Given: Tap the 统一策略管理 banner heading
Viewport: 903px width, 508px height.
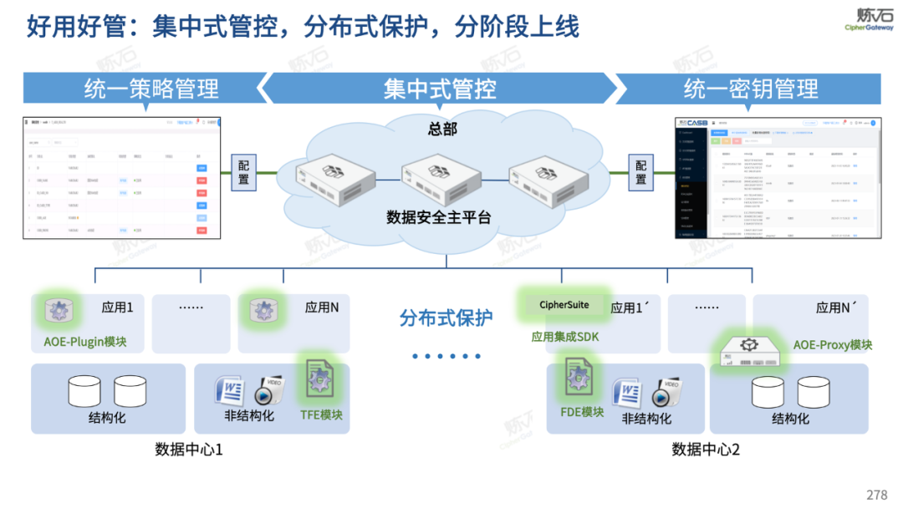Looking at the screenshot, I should (x=151, y=89).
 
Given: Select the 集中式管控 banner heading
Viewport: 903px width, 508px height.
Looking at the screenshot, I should (x=440, y=89).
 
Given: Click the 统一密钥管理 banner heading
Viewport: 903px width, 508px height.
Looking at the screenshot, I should (x=751, y=89).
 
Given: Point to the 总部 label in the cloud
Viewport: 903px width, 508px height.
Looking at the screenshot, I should (x=442, y=129).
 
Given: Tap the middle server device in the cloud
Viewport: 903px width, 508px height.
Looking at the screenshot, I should (x=441, y=172).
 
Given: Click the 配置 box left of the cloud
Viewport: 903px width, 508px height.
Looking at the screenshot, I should (x=243, y=172).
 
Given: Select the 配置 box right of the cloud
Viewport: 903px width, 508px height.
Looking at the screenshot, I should (x=640, y=172).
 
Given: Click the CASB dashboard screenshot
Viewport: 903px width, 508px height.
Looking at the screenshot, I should (x=778, y=178).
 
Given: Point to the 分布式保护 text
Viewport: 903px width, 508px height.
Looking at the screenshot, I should (x=446, y=317).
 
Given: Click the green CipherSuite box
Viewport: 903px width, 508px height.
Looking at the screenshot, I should (x=564, y=305).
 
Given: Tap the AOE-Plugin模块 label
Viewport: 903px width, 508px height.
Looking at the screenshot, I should (x=85, y=342).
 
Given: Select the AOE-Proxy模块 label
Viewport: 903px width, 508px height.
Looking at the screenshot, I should (x=833, y=344).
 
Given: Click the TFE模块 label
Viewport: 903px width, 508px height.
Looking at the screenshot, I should (x=321, y=414).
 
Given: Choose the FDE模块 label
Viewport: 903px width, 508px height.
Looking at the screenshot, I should (x=582, y=412).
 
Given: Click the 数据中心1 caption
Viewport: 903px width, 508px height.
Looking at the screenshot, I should (x=189, y=450).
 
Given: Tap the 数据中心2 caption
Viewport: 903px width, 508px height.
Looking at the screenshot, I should (x=706, y=450).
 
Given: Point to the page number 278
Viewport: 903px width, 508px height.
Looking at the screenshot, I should (x=876, y=495).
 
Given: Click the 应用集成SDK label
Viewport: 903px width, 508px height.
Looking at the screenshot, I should (x=565, y=337).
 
